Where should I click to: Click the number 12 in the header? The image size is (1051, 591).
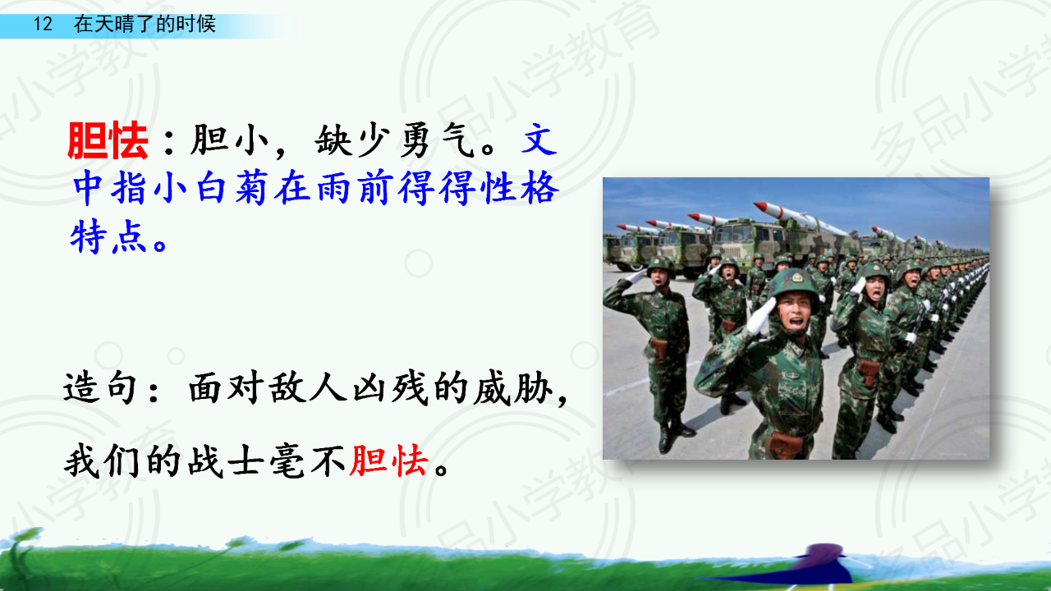(x=43, y=24)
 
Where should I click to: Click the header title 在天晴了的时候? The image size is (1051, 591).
(x=145, y=24)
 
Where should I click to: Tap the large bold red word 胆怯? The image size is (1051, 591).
(x=108, y=140)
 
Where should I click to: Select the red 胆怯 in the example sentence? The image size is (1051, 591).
(x=389, y=461)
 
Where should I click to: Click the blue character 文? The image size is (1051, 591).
(x=539, y=140)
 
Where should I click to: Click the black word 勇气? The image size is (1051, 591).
(x=438, y=140)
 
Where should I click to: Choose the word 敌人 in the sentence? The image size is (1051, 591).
(x=308, y=388)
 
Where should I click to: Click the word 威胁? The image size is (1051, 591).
(x=512, y=388)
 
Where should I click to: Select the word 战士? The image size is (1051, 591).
(x=226, y=461)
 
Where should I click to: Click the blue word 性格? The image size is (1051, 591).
(x=521, y=188)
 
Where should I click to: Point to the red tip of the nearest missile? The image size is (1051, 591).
(x=760, y=206)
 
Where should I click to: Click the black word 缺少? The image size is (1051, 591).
(x=353, y=140)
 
